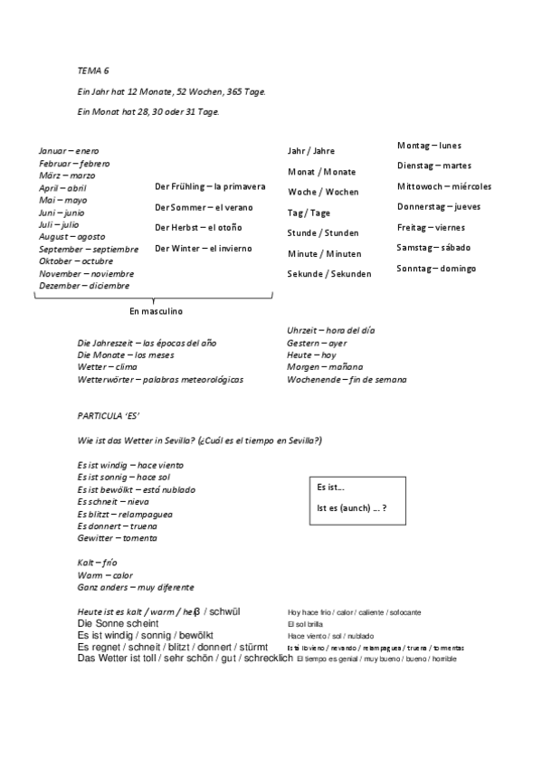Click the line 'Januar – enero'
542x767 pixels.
pos(69,150)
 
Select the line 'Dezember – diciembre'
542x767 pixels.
pos(84,285)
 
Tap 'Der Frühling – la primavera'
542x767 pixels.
pos(210,186)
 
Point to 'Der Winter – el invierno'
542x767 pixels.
pos(203,248)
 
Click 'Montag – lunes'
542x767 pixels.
pos(429,145)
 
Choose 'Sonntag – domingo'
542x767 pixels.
pos(436,268)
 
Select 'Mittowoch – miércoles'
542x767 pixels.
pos(443,186)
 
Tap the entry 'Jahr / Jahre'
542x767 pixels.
pos(310,151)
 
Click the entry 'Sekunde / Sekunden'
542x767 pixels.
pos(329,273)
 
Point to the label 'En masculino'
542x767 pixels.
pos(156,311)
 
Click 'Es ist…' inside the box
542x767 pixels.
pos(330,487)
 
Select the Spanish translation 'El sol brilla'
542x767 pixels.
pos(305,624)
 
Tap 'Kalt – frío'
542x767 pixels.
pos(97,563)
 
